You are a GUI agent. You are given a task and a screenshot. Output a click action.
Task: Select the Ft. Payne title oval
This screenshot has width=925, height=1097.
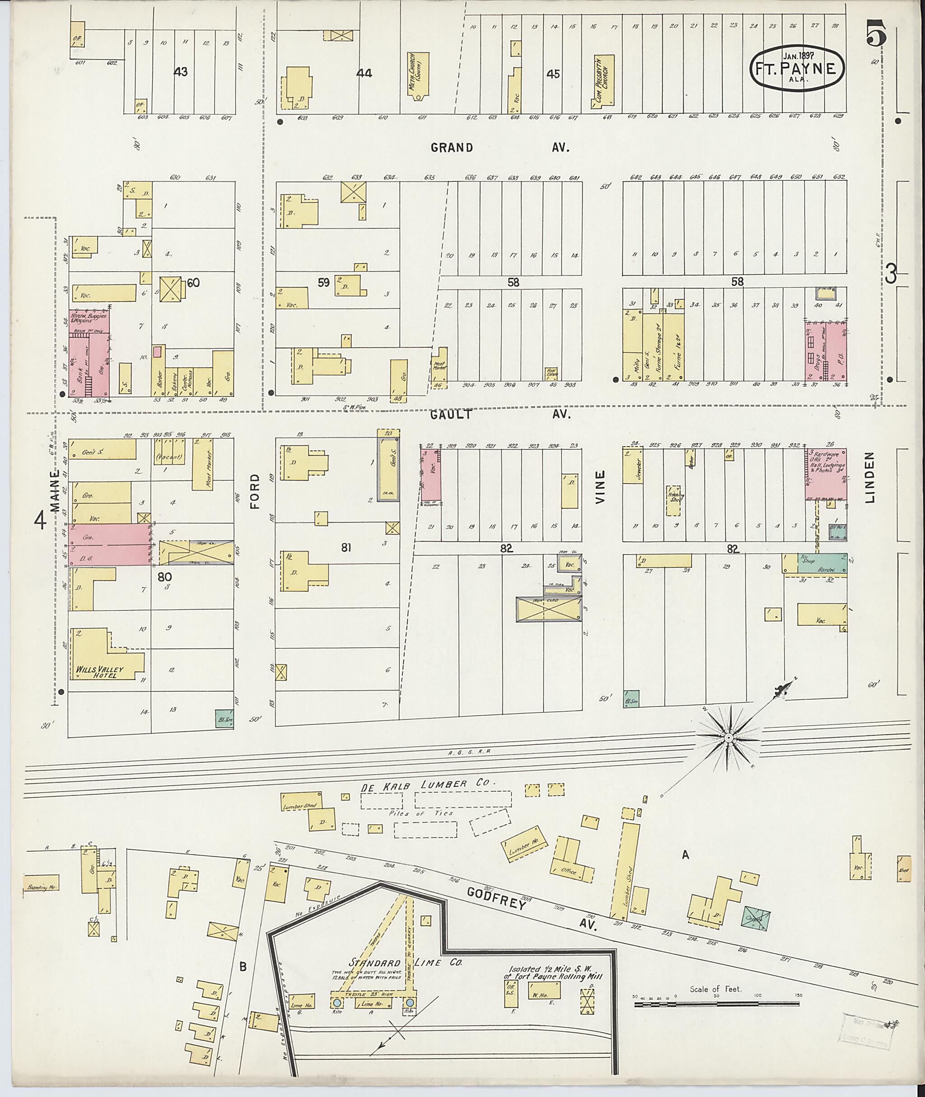click(797, 70)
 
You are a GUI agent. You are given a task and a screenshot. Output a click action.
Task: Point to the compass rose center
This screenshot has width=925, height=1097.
click(729, 738)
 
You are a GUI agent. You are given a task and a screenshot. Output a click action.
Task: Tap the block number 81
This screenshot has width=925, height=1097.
click(345, 548)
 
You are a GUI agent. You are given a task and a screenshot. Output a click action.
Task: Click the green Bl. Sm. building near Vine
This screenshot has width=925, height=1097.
click(631, 699)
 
